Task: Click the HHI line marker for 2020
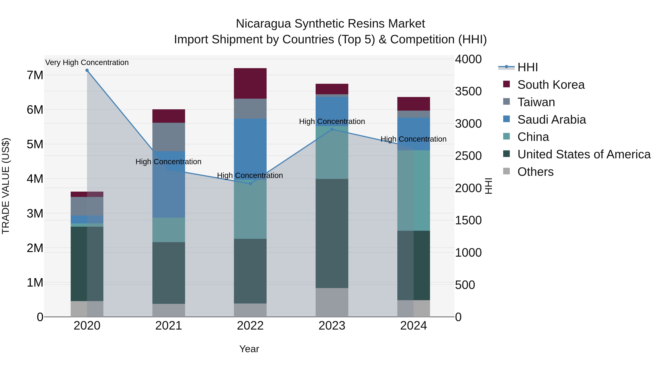tap(87, 70)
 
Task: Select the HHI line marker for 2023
tap(332, 129)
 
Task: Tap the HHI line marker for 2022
tap(250, 184)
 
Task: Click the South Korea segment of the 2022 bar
tap(250, 83)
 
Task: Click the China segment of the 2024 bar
tap(413, 190)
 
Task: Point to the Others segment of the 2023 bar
tap(332, 302)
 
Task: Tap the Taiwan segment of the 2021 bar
tap(169, 137)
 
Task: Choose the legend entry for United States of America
tap(584, 154)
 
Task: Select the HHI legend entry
tap(527, 67)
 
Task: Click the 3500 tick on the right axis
tap(468, 91)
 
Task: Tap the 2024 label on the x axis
tap(413, 326)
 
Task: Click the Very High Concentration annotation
tap(87, 63)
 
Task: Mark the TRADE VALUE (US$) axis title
tap(6, 186)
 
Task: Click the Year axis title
tap(249, 349)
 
